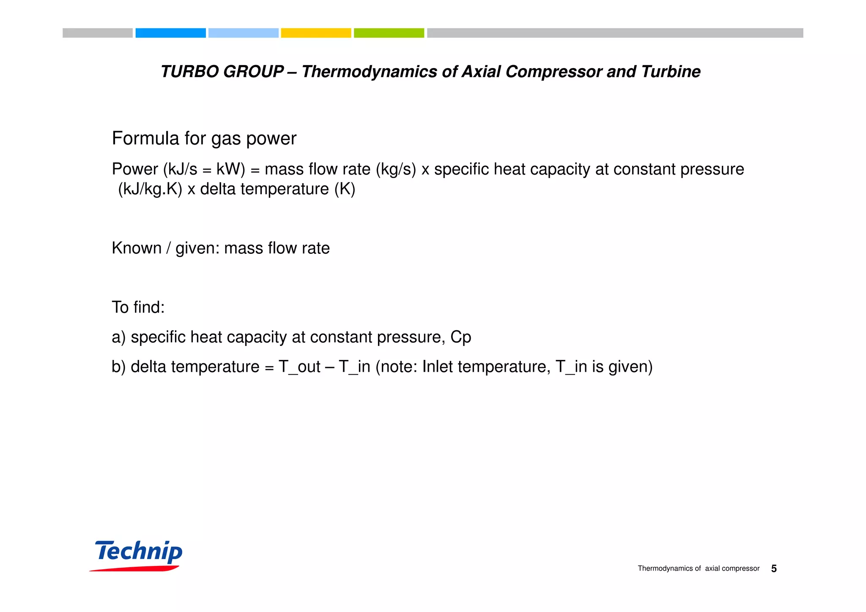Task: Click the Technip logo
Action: coord(138,554)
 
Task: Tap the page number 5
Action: coord(773,569)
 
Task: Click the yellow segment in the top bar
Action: coord(316,33)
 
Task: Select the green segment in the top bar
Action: coord(389,33)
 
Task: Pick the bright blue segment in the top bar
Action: coord(170,33)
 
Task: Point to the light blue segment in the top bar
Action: coord(243,33)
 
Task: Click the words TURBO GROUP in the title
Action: coord(222,71)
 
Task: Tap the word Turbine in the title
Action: coord(671,71)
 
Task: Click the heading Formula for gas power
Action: coord(204,138)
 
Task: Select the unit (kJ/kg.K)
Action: coord(150,189)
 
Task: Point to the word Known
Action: coord(137,248)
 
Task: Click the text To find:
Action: coord(138,307)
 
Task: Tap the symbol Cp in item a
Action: coord(460,337)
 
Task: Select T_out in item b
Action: coord(299,367)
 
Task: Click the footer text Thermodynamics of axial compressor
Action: coord(699,569)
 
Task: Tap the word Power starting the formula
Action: coord(134,169)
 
